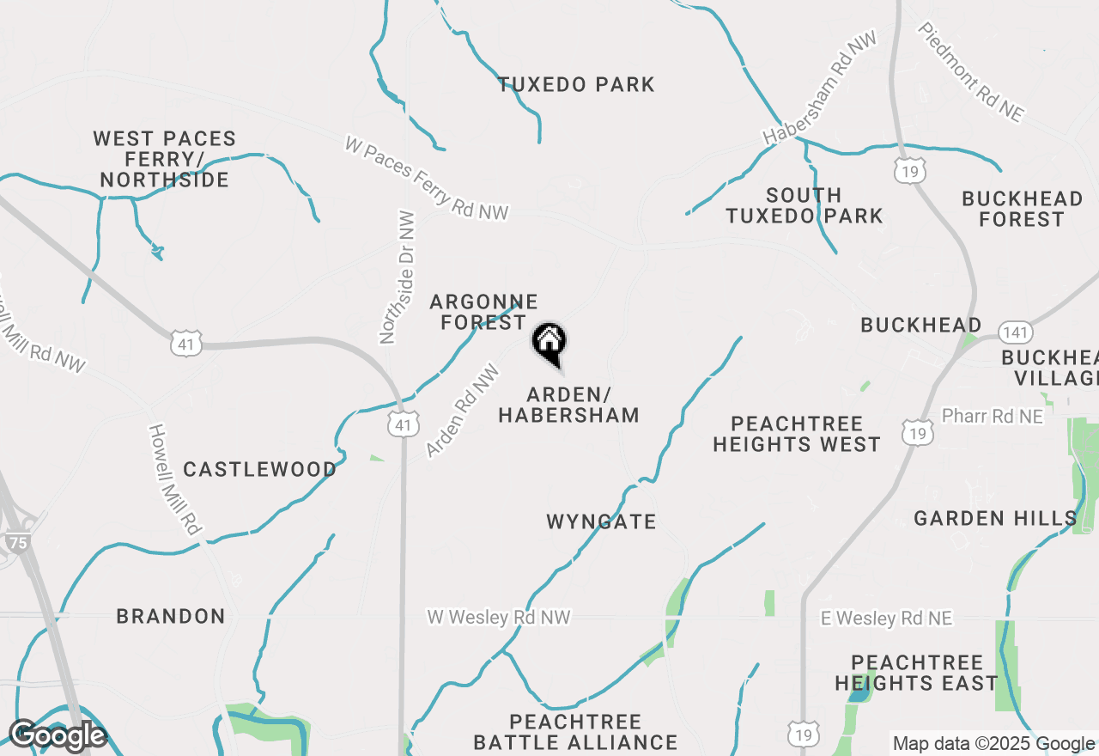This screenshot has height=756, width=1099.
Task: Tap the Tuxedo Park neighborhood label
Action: (x=576, y=84)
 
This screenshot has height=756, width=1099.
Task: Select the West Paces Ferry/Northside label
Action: (x=165, y=159)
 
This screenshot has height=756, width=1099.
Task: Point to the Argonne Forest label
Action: (x=483, y=312)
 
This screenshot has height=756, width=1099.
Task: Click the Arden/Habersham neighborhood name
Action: (x=568, y=405)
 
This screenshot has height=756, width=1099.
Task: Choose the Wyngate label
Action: (x=601, y=521)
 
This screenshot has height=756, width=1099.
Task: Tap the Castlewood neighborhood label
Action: (x=259, y=469)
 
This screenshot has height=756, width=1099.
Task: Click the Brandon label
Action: (x=171, y=616)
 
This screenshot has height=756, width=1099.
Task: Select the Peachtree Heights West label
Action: (x=797, y=434)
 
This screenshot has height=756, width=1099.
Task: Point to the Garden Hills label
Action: (x=995, y=518)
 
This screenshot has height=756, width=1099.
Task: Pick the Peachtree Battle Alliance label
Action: (x=575, y=731)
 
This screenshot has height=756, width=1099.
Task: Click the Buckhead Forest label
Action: (x=1022, y=209)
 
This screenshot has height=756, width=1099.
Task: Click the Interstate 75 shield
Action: (x=16, y=542)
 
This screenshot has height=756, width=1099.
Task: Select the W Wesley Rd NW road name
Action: (x=499, y=618)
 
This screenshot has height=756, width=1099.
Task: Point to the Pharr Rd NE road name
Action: (x=992, y=416)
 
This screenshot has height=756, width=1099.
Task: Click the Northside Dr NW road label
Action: (x=398, y=277)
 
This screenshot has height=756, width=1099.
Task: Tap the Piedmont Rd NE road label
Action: (x=971, y=72)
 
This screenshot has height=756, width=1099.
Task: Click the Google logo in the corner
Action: (x=58, y=735)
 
